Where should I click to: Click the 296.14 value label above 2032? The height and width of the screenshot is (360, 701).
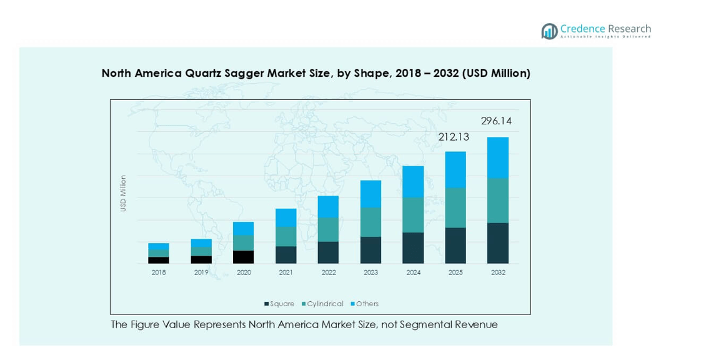pyautogui.click(x=496, y=121)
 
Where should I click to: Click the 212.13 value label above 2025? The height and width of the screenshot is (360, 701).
pyautogui.click(x=454, y=137)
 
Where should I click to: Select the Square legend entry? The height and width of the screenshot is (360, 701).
pyautogui.click(x=279, y=304)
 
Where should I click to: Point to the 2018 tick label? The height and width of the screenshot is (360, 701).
pyautogui.click(x=159, y=272)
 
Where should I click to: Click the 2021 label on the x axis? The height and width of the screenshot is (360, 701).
pyautogui.click(x=286, y=272)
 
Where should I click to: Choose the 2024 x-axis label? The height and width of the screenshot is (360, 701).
pyautogui.click(x=413, y=272)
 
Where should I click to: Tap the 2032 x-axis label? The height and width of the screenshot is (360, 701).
pyautogui.click(x=498, y=272)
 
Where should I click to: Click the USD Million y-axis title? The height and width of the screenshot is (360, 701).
pyautogui.click(x=123, y=193)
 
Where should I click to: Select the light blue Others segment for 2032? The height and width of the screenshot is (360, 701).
pyautogui.click(x=498, y=157)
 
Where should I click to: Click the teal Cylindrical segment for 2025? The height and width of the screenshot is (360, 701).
pyautogui.click(x=455, y=207)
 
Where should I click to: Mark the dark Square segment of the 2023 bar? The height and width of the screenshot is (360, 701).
pyautogui.click(x=370, y=250)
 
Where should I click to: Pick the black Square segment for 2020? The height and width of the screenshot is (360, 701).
pyautogui.click(x=243, y=257)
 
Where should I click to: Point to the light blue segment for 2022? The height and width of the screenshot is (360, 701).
pyautogui.click(x=328, y=207)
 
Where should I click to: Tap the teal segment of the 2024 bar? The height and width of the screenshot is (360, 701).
pyautogui.click(x=413, y=215)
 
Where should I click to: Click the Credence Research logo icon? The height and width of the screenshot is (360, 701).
pyautogui.click(x=550, y=31)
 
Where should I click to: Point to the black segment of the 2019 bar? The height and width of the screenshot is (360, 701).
pyautogui.click(x=201, y=259)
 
